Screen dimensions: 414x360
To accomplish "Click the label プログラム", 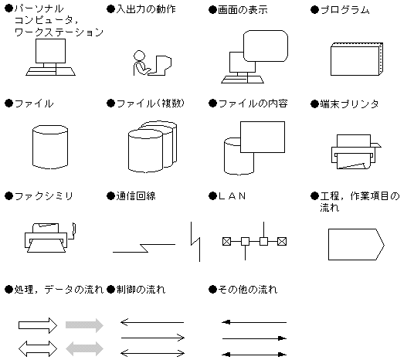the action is click(x=345, y=10).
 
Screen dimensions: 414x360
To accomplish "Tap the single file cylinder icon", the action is click(x=50, y=147).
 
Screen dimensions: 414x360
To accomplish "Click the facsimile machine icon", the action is click(x=50, y=238).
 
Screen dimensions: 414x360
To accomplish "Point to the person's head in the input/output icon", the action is click(x=139, y=56).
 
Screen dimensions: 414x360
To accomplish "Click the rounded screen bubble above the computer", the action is click(x=266, y=46).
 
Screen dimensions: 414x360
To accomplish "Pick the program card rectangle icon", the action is click(x=357, y=59).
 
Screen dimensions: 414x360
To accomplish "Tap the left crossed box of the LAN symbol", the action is click(x=227, y=241).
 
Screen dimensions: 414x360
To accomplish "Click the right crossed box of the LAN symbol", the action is click(x=282, y=241).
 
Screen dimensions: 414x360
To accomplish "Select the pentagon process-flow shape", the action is click(x=356, y=244).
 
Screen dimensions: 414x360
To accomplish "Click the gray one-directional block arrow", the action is click(x=84, y=325).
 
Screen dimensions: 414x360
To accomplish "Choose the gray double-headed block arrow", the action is click(x=84, y=348).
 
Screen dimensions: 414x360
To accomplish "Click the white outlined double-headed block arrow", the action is click(x=38, y=348).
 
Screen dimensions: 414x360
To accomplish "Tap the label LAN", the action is click(x=232, y=196).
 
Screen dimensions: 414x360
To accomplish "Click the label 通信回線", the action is click(x=136, y=196).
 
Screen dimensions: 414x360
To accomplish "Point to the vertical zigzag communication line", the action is click(x=195, y=242).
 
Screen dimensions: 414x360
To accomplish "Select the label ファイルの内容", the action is click(x=253, y=104).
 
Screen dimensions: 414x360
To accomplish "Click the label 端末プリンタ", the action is click(x=350, y=104).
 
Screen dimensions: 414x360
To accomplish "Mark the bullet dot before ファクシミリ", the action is click(x=9, y=196).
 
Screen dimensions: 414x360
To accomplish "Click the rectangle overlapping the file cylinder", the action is click(x=263, y=137).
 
